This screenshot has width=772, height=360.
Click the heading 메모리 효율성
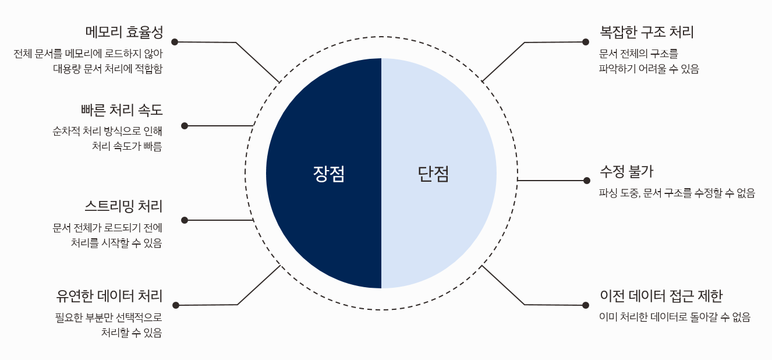[x=123, y=31]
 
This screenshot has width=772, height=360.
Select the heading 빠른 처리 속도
[x=122, y=110]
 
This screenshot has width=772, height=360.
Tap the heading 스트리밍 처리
[x=123, y=206]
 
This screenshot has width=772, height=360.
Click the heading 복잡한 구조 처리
[x=646, y=31]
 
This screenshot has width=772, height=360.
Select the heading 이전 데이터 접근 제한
[x=661, y=295]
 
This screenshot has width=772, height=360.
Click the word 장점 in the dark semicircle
[x=329, y=174]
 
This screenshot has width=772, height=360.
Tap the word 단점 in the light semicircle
[x=434, y=174]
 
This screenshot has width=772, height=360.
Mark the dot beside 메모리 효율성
[x=174, y=42]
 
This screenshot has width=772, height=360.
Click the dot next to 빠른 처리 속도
[x=185, y=126]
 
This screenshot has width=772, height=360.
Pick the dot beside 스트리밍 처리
[x=185, y=220]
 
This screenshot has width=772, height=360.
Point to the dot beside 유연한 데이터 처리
[x=175, y=305]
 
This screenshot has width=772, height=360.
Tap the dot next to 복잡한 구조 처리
[x=586, y=42]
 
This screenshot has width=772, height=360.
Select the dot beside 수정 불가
[x=587, y=181]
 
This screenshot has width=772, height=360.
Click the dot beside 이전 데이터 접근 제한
[x=586, y=305]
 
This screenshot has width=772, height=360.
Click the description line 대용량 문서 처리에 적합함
[x=108, y=69]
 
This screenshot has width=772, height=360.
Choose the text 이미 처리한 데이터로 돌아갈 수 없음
[x=675, y=317]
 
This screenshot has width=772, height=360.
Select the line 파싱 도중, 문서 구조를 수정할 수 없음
[x=677, y=193]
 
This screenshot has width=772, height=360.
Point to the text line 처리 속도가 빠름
[x=127, y=146]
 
